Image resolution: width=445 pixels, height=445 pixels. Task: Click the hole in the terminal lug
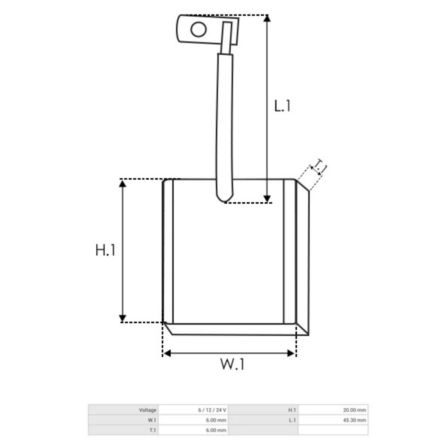click(198, 29)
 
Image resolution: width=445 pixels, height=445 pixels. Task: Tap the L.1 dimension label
click(282, 106)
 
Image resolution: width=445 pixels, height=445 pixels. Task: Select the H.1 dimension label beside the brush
click(105, 250)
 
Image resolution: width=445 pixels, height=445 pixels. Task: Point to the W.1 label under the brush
click(232, 364)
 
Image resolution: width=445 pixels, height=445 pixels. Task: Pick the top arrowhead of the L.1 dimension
click(267, 19)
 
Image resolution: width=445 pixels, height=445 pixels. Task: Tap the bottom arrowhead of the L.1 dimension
click(267, 199)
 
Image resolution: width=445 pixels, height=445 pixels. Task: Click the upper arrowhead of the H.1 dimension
click(122, 184)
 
